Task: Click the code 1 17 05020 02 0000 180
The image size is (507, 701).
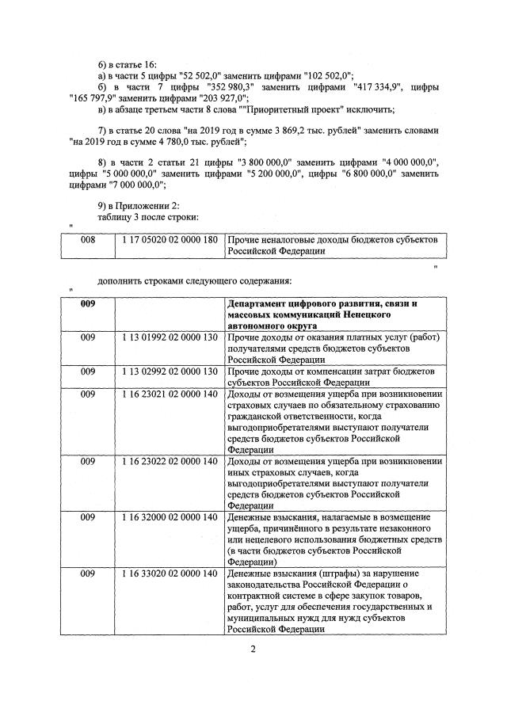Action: click(x=170, y=239)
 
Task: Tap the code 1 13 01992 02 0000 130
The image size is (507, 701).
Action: click(x=170, y=337)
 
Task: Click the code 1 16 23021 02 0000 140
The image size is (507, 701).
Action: click(x=170, y=394)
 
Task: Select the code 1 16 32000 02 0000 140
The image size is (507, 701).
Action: click(x=170, y=517)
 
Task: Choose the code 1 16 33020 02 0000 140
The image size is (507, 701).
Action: click(x=170, y=573)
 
